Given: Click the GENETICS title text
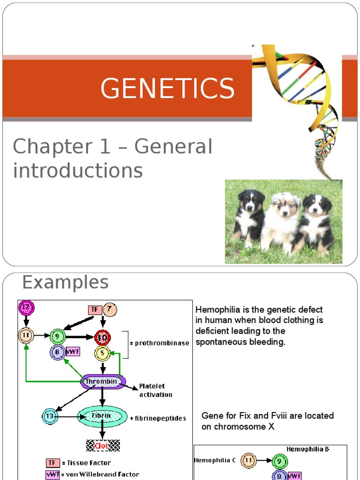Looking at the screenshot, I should [167, 88].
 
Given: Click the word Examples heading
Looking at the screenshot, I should [65, 282].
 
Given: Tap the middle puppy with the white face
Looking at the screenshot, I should [282, 220].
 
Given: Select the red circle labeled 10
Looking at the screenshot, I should [102, 337].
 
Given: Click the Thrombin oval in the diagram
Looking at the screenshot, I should [101, 381].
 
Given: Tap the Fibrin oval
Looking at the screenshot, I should [102, 416].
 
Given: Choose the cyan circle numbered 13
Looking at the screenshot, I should [50, 416].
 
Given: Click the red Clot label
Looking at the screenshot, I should [102, 446].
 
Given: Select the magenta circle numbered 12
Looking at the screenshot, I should [26, 308].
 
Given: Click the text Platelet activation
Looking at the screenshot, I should [152, 390].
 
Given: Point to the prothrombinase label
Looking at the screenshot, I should [162, 343].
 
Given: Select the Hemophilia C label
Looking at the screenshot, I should [215, 460].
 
